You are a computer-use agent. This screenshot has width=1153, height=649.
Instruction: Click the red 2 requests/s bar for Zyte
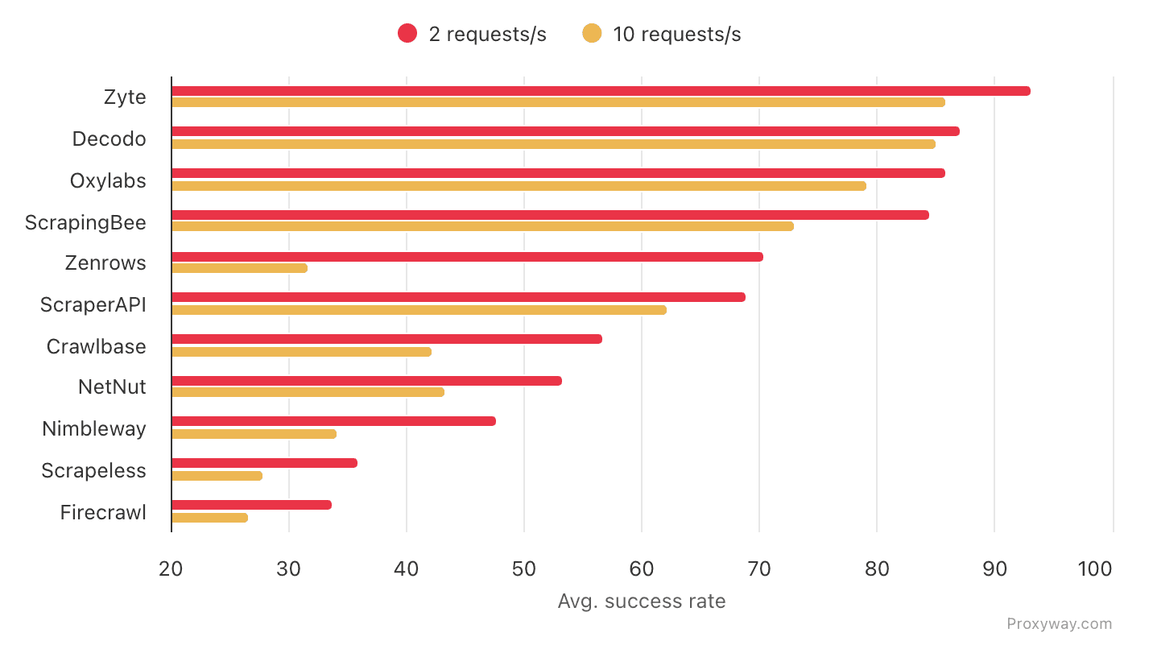(600, 91)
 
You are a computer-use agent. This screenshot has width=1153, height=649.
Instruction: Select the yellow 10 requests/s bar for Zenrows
(239, 268)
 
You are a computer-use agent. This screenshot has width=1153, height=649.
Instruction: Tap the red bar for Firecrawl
(251, 505)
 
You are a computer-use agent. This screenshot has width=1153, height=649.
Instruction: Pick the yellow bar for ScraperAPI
(419, 310)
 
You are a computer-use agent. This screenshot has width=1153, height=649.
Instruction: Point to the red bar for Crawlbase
(386, 339)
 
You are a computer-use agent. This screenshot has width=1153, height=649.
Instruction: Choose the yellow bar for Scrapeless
(217, 476)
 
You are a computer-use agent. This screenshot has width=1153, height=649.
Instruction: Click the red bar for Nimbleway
(333, 421)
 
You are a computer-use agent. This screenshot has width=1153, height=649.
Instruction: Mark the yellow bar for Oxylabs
(519, 186)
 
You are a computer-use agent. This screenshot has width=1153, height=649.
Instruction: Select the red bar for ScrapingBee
(550, 215)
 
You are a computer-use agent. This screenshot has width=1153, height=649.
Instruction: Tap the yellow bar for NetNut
(308, 392)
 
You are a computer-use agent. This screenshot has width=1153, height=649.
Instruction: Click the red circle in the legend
(407, 34)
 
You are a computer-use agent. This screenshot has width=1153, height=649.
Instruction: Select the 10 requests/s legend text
(676, 35)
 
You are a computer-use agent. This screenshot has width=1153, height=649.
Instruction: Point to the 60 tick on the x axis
(642, 569)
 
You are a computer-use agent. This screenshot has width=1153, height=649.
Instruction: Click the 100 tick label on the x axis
(1095, 569)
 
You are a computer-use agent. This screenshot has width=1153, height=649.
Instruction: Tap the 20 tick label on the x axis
(172, 569)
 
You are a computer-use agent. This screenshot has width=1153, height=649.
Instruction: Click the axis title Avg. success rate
(642, 601)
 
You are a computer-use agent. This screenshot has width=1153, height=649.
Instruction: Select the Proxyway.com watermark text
(1059, 624)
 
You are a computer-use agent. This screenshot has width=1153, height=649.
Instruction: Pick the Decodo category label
(110, 139)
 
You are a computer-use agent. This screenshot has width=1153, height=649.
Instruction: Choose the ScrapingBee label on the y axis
(86, 223)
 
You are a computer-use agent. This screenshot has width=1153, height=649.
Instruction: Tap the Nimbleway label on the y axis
(94, 429)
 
